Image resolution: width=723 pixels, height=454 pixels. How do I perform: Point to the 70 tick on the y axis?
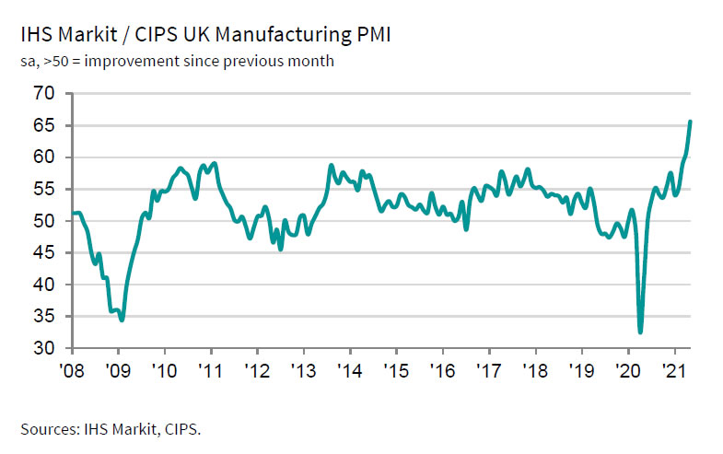pos(44,94)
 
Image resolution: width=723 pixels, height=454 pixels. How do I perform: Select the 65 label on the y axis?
pos(44,125)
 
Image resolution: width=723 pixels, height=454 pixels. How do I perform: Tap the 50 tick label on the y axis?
pos(44,221)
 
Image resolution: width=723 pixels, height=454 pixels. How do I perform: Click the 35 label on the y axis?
pos(44,317)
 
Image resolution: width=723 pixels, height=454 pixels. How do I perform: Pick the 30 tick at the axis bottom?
pos(44,349)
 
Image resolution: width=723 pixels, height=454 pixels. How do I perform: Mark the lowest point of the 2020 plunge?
pos(640,332)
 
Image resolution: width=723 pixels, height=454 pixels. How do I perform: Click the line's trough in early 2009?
pos(122,320)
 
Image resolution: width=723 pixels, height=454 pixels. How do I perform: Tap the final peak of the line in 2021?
pos(691,122)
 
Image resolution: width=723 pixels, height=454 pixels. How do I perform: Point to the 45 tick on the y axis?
pos(44,253)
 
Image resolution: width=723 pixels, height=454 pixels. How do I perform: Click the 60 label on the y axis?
pos(44,157)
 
